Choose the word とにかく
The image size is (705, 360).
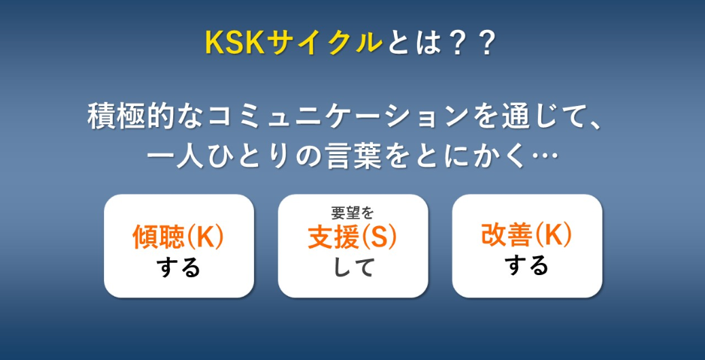(x=470, y=158)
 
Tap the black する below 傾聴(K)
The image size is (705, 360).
(x=179, y=268)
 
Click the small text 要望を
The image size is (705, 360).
(x=352, y=213)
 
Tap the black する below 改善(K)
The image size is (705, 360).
(x=527, y=265)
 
